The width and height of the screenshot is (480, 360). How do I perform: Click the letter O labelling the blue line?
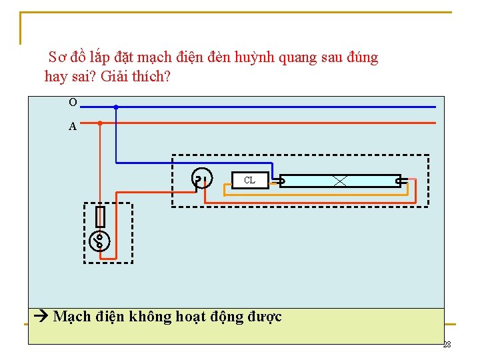pyautogui.click(x=73, y=102)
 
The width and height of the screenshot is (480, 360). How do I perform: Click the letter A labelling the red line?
pyautogui.click(x=73, y=127)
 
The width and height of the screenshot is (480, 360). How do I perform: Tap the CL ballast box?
pyautogui.click(x=249, y=180)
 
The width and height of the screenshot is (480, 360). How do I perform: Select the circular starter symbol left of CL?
pyautogui.click(x=201, y=178)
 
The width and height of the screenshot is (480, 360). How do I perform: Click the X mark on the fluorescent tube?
pyautogui.click(x=340, y=180)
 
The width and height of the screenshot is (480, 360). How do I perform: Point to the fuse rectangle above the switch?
pyautogui.click(x=101, y=217)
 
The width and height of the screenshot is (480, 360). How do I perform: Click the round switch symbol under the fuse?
pyautogui.click(x=99, y=240)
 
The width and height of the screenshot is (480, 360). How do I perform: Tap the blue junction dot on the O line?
pyautogui.click(x=116, y=107)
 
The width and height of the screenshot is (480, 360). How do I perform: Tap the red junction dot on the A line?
pyautogui.click(x=100, y=123)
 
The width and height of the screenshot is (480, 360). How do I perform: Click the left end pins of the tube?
pyautogui.click(x=281, y=180)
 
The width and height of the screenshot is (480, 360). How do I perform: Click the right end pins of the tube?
pyautogui.click(x=399, y=180)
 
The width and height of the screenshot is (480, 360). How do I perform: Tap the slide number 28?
pyautogui.click(x=447, y=345)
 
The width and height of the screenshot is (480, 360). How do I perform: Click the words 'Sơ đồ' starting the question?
pyautogui.click(x=65, y=57)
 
